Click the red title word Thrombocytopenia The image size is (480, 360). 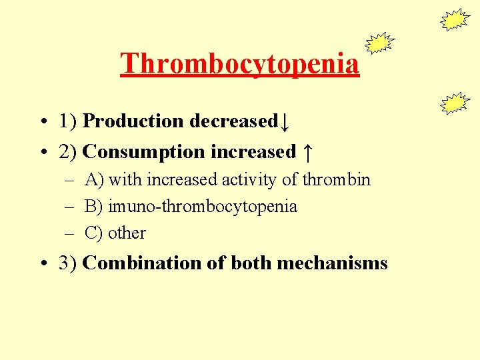point(240,63)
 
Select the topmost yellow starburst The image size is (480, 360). point(455,20)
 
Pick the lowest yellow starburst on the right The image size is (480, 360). point(455,103)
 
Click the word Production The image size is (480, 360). point(133,121)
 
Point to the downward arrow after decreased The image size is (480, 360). point(285,122)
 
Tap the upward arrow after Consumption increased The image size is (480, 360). point(306,153)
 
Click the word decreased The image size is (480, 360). point(233,121)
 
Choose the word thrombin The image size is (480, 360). point(336,180)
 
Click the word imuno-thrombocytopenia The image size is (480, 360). point(203,207)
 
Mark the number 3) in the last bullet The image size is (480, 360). point(69,263)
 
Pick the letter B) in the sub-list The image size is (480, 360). point(94,207)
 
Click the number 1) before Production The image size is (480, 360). point(69,121)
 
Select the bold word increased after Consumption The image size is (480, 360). point(253,152)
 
